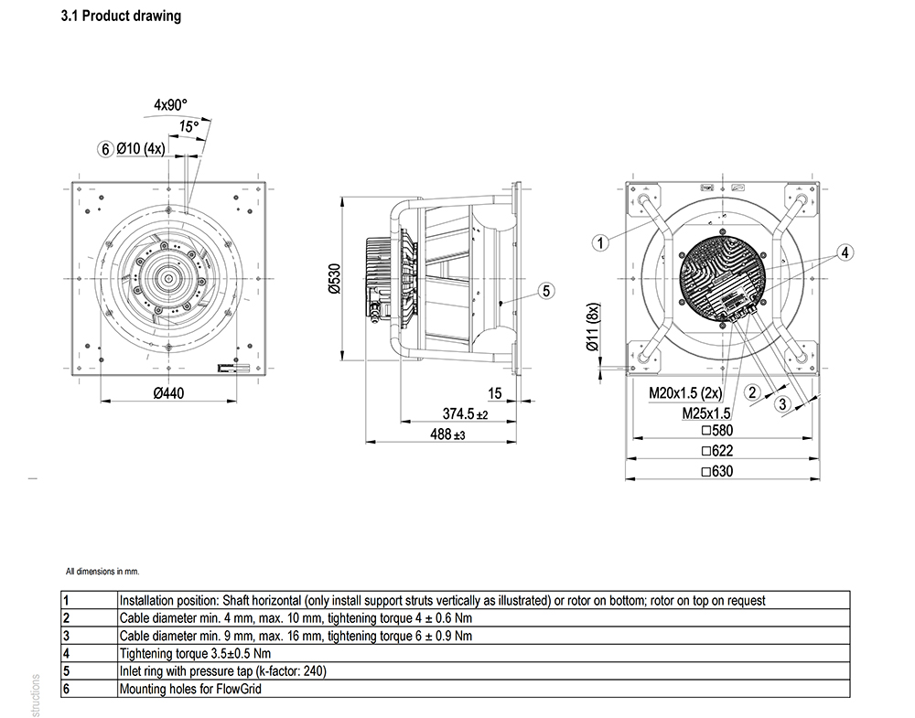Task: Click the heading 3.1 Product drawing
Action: pos(121,16)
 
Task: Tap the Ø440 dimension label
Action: pos(168,393)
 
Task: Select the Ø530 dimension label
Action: pos(334,279)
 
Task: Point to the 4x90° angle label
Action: pos(170,105)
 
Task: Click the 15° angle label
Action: pos(188,126)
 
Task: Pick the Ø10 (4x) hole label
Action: pos(141,149)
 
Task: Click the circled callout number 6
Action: pos(105,149)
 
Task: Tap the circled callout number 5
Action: pos(546,291)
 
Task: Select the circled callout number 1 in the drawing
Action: pos(601,242)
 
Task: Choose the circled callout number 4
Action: pos(845,252)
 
